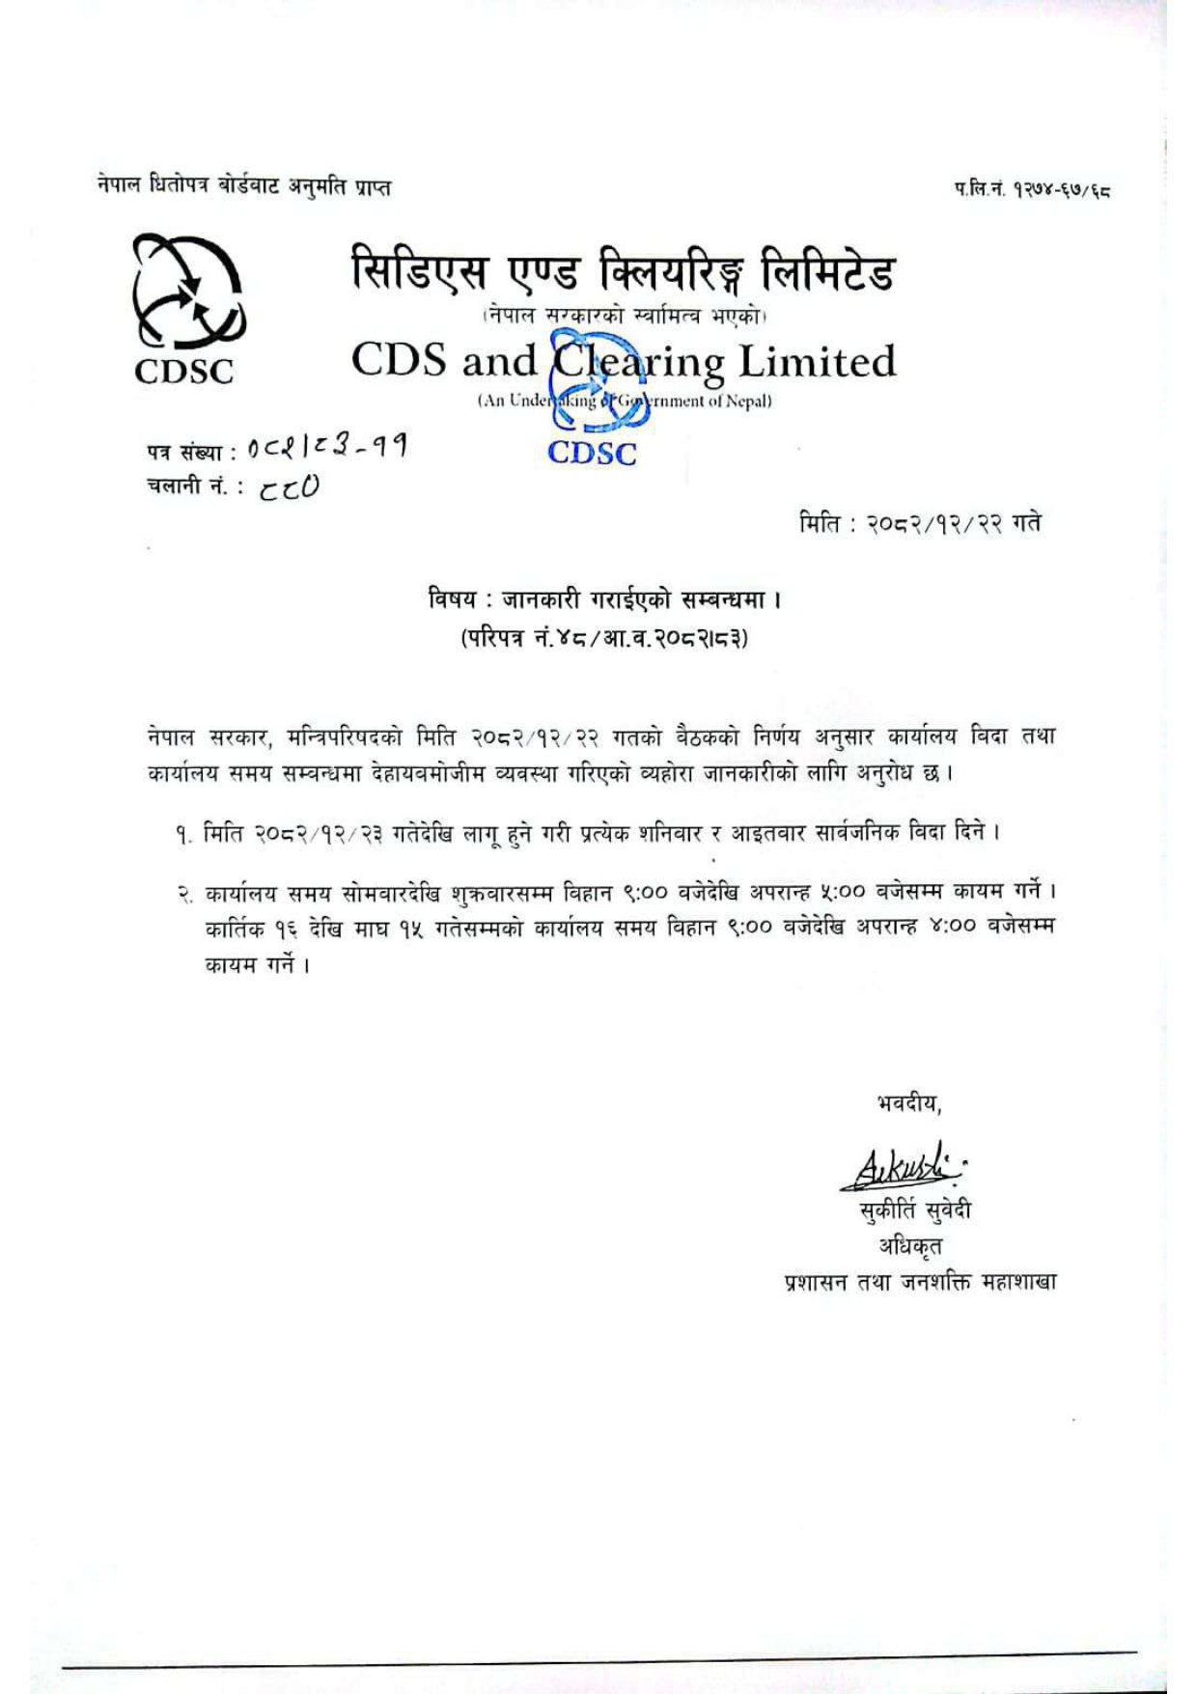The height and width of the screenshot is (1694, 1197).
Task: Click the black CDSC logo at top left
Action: (x=184, y=310)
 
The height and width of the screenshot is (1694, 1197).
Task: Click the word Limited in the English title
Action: (x=817, y=362)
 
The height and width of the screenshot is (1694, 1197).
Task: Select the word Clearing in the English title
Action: (x=638, y=363)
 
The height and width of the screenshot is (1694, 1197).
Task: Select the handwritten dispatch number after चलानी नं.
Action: (x=289, y=488)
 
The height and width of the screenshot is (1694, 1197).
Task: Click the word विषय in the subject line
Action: (x=453, y=599)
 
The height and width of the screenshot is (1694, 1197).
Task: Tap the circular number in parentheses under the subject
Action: (x=604, y=638)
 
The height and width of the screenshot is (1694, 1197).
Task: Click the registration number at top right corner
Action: (x=1032, y=192)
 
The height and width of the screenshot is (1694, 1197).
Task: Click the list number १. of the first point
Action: (x=184, y=833)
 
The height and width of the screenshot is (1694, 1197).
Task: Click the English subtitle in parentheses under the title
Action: (x=624, y=402)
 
